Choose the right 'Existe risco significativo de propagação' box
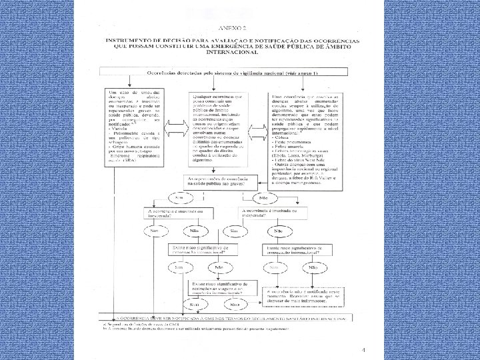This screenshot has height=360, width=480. click(x=291, y=249)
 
